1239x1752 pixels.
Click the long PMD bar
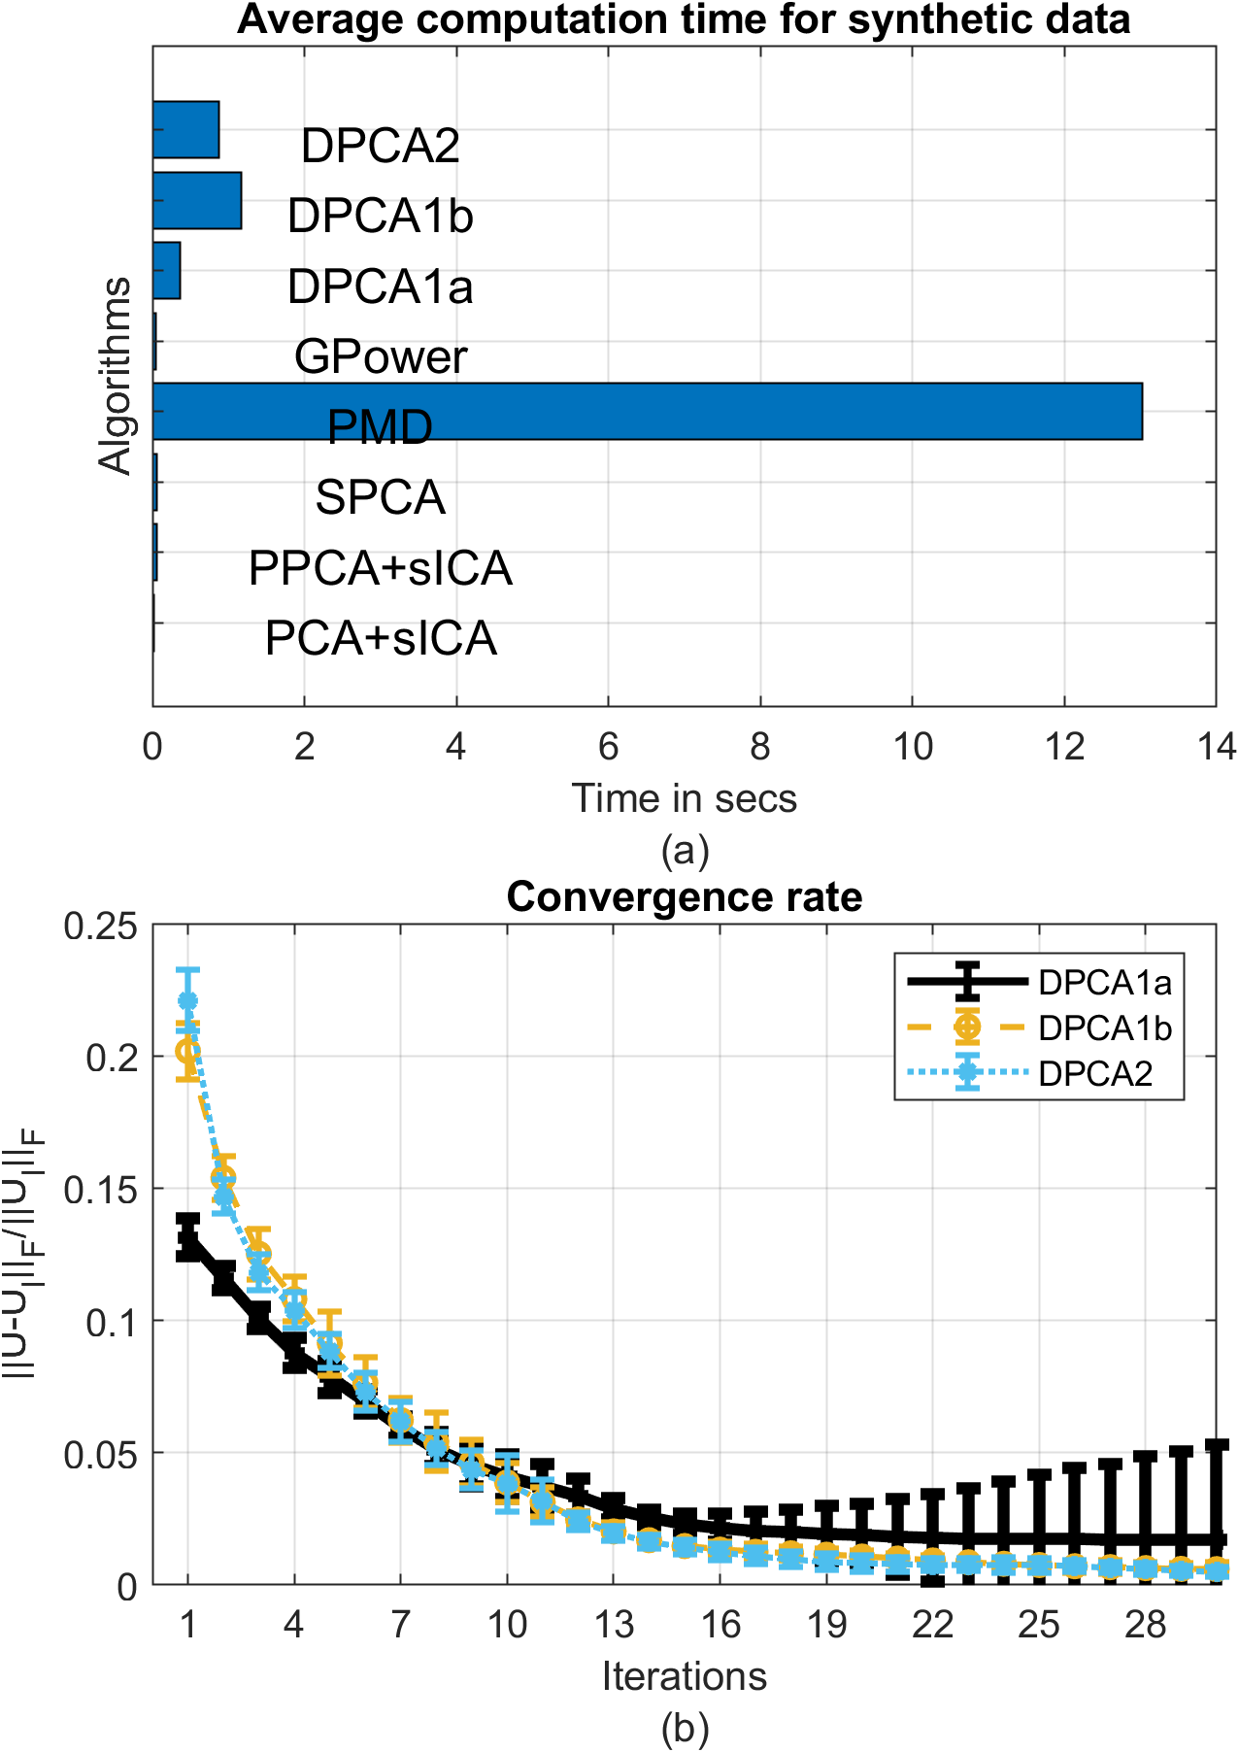(647, 412)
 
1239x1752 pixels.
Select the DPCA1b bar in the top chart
(197, 201)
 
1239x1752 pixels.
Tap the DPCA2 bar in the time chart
(185, 129)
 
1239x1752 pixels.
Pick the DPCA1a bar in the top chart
(167, 271)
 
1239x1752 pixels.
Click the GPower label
(381, 357)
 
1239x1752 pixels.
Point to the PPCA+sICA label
(381, 569)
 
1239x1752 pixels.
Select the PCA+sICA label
(381, 639)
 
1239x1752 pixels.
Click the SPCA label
(381, 498)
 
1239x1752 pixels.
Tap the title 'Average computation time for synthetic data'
(684, 19)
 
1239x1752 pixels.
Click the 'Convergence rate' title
(684, 896)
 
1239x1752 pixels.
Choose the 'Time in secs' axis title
(684, 798)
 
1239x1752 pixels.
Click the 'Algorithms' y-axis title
(116, 375)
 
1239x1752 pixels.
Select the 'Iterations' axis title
(684, 1675)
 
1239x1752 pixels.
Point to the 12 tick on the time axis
(1064, 747)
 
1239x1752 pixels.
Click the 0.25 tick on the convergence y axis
(100, 926)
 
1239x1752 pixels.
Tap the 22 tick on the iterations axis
(932, 1624)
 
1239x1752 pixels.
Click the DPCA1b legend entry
(1104, 1028)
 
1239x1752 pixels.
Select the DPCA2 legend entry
(1094, 1073)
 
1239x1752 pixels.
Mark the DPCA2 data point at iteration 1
(188, 1000)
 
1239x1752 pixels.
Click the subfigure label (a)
(684, 851)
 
